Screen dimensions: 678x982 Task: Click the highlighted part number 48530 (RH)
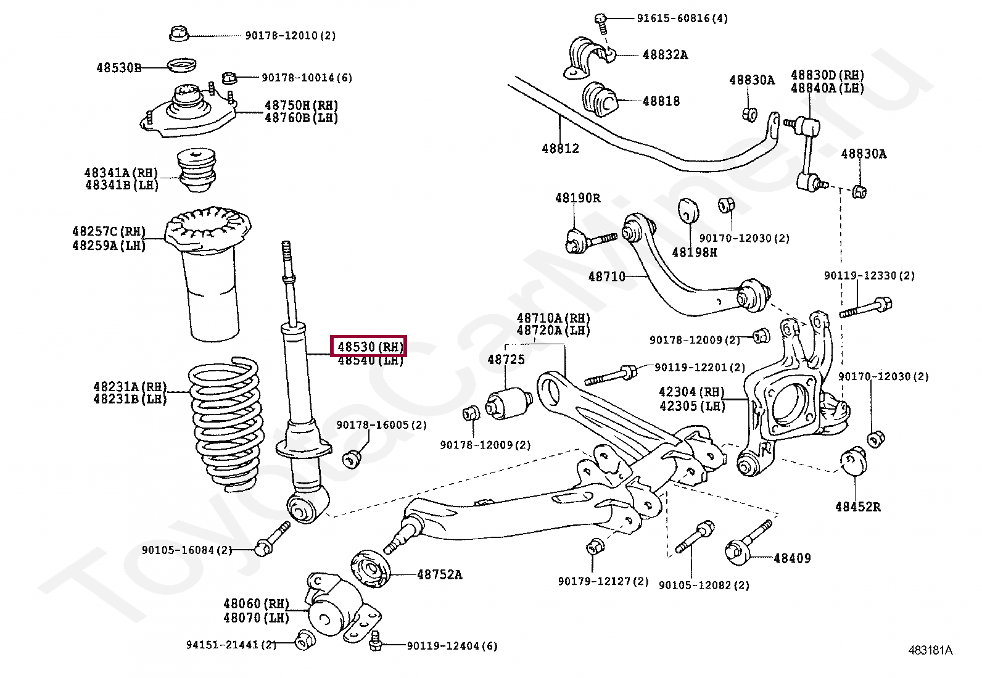369,347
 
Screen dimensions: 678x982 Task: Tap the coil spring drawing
224,423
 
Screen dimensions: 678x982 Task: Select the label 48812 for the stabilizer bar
560,149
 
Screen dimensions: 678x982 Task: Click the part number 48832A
665,55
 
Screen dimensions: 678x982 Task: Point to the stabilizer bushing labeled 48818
599,99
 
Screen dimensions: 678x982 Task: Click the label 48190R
577,198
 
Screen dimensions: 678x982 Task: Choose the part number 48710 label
607,277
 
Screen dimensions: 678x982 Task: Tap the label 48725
506,360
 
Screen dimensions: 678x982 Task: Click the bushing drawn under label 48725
510,404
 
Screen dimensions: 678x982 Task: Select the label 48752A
439,575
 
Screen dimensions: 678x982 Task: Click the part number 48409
792,558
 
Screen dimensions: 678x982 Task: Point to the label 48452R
857,507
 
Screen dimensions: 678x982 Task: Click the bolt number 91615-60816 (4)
682,19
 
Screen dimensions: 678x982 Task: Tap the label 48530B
118,68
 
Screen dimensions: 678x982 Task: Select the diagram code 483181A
930,650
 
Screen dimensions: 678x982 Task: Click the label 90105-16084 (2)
186,550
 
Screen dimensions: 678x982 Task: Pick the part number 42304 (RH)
691,392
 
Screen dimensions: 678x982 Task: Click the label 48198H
694,252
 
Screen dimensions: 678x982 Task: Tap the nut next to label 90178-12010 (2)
179,33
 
